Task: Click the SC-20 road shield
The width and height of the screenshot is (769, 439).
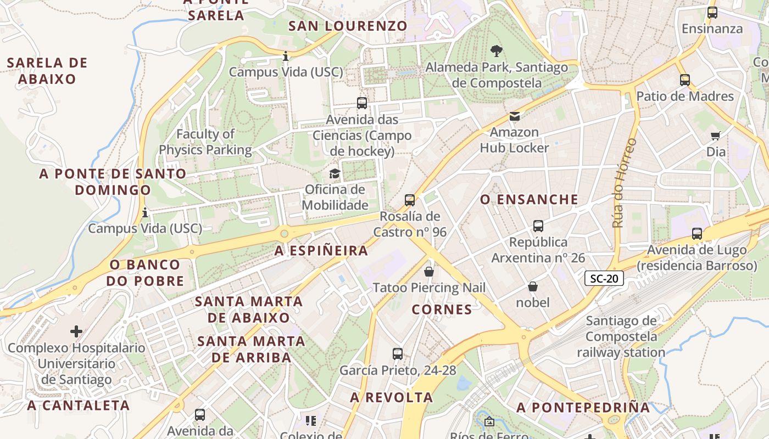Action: tap(604, 278)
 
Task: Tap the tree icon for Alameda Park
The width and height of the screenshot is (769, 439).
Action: tap(497, 51)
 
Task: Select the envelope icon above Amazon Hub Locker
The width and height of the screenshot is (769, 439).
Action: tap(514, 116)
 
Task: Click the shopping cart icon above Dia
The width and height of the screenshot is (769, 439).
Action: tap(715, 135)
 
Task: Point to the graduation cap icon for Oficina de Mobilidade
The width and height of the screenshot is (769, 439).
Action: tap(335, 174)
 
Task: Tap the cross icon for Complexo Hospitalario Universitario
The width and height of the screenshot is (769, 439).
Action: tap(76, 331)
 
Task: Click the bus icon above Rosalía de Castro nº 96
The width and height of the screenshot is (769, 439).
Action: tap(410, 200)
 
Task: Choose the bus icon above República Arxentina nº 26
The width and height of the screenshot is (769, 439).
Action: tap(538, 226)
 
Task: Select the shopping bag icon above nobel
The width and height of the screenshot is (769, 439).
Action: tap(532, 286)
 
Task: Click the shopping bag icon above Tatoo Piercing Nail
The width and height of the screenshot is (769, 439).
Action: tap(429, 272)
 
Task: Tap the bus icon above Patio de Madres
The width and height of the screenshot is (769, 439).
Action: tap(684, 80)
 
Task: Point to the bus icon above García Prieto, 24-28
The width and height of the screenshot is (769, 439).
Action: tap(398, 354)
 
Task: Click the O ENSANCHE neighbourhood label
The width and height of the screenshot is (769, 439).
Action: tap(530, 199)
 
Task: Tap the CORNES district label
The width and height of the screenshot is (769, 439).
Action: tap(442, 309)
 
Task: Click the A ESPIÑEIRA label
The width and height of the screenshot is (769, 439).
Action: tap(321, 251)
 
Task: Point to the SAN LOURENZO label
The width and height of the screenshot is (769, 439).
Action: tap(348, 26)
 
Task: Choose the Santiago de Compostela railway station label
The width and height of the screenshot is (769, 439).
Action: tap(621, 336)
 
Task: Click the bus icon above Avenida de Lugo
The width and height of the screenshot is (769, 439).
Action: tap(697, 234)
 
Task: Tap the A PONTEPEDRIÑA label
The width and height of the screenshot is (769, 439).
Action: tap(583, 407)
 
